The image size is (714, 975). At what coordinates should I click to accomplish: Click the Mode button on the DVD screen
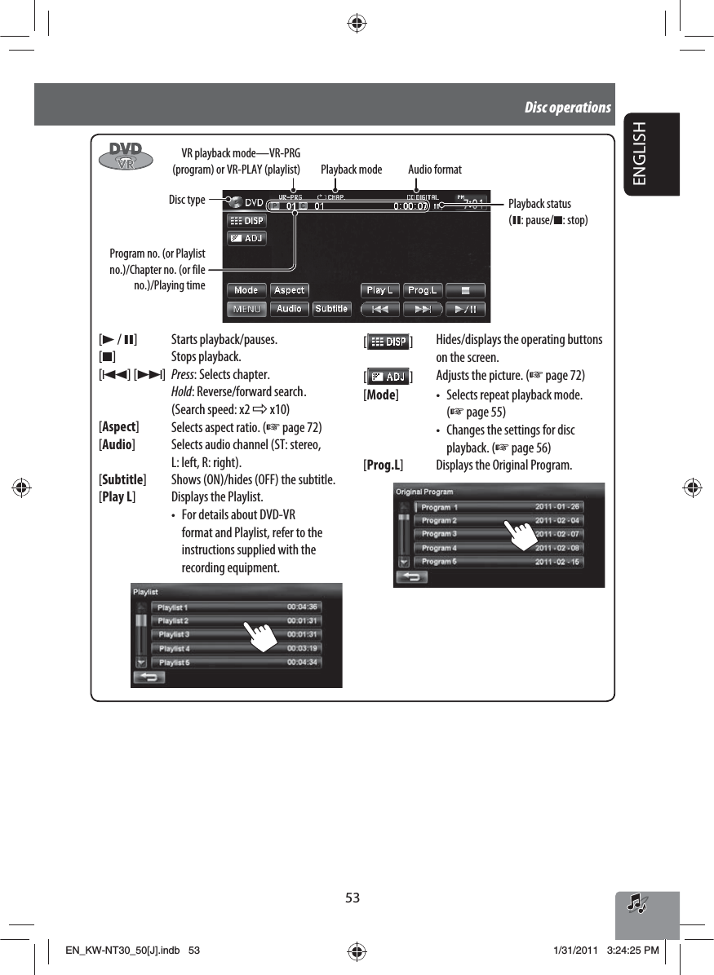pyautogui.click(x=246, y=290)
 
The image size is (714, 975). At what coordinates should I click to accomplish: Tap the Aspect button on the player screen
pyautogui.click(x=289, y=290)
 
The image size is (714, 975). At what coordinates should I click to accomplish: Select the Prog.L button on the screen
pyautogui.click(x=422, y=290)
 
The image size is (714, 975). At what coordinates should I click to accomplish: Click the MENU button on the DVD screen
pyautogui.click(x=246, y=309)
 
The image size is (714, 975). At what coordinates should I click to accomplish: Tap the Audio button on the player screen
pyautogui.click(x=289, y=309)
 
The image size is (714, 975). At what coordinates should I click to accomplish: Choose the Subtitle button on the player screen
pyautogui.click(x=331, y=309)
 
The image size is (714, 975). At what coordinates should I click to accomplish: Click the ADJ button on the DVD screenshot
pyautogui.click(x=246, y=238)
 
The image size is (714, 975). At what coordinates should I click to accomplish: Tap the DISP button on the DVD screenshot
pyautogui.click(x=246, y=221)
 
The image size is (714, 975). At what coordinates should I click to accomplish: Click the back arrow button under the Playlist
pyautogui.click(x=149, y=677)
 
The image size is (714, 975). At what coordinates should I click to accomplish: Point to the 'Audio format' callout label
pyautogui.click(x=434, y=170)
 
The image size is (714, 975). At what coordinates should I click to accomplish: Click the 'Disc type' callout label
pyautogui.click(x=187, y=200)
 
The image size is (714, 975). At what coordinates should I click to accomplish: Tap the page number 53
pyautogui.click(x=353, y=898)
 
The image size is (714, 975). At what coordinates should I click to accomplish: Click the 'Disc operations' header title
pyautogui.click(x=568, y=108)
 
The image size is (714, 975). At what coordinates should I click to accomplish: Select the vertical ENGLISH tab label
pyautogui.click(x=640, y=152)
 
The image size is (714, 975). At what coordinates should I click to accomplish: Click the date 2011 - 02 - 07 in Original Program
pyautogui.click(x=557, y=534)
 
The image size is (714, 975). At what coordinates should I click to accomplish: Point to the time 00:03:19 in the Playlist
pyautogui.click(x=302, y=648)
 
